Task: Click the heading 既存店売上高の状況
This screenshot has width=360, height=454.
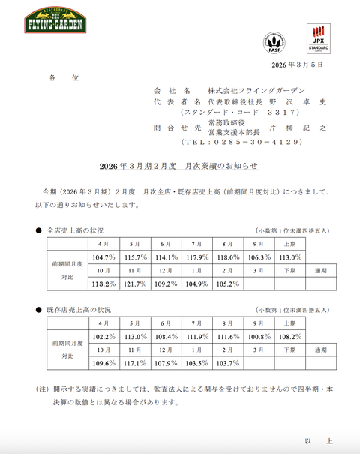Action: pyautogui.click(x=76, y=309)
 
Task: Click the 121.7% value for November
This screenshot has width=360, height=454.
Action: pyautogui.click(x=135, y=284)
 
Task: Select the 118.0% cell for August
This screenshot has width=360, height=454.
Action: pyautogui.click(x=228, y=257)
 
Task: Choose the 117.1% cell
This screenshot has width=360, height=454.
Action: pyautogui.click(x=135, y=363)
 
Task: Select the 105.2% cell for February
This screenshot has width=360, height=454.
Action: pyautogui.click(x=228, y=284)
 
